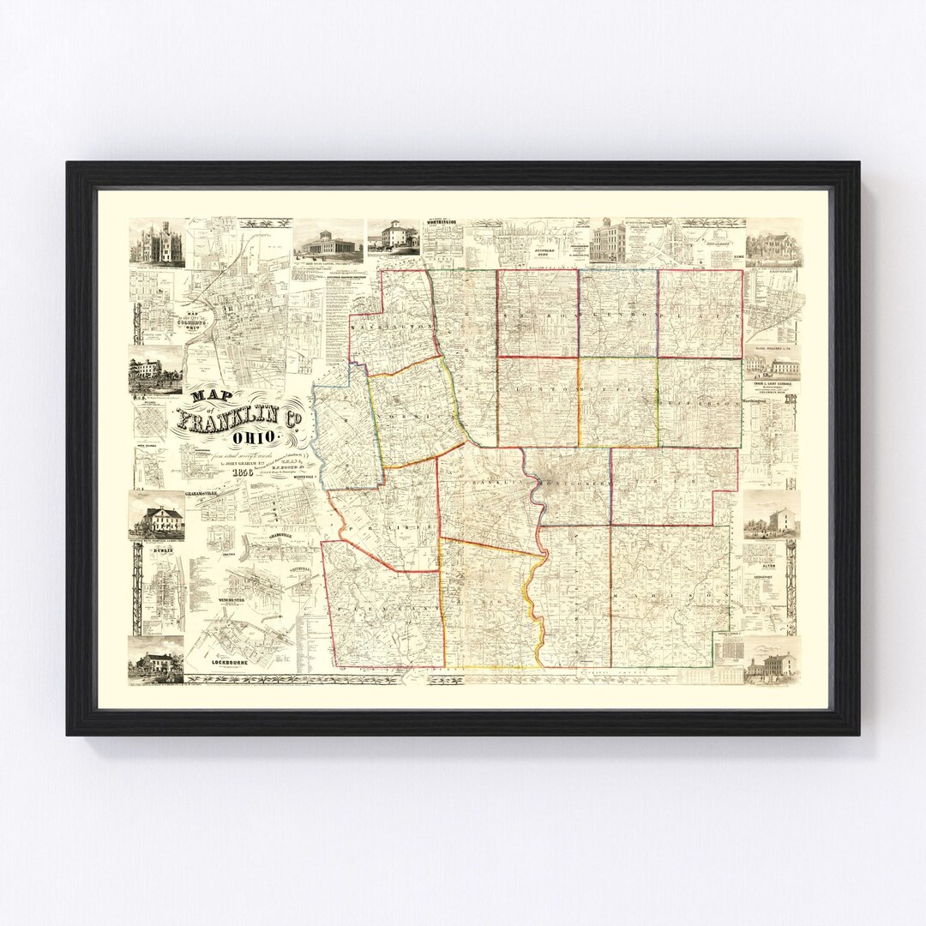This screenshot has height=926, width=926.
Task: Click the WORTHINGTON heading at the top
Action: (446, 223)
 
